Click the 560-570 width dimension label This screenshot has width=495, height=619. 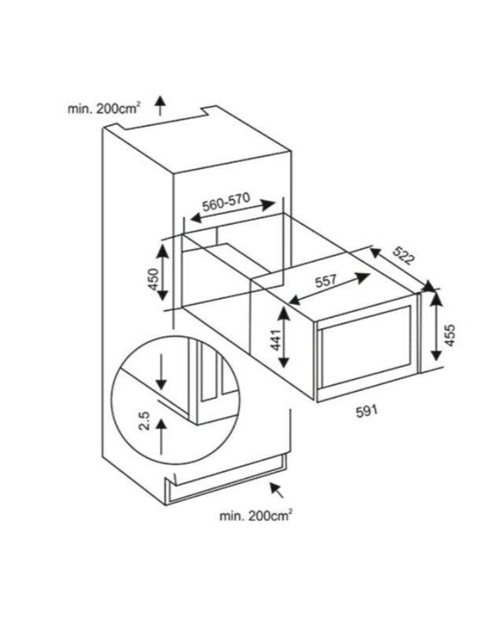coord(227,201)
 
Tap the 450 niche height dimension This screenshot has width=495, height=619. coord(153,278)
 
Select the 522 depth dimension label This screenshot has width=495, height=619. coord(404,256)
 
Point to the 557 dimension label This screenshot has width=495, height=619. coord(327,282)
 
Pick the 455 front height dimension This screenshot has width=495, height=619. coord(449,335)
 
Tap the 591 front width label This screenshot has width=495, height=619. coord(367,411)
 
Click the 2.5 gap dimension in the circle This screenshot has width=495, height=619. coord(144,421)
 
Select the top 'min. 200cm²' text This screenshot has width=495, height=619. coord(104,109)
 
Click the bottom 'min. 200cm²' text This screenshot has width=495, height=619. coord(256,515)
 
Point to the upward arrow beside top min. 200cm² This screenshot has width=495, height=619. coord(160,105)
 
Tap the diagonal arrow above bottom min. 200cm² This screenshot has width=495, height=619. coord(277,490)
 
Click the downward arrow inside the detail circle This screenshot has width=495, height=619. coord(161,371)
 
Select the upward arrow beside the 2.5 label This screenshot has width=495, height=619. coord(161,437)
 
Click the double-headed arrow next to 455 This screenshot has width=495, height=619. coord(436,327)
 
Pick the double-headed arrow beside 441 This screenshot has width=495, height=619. coord(284,337)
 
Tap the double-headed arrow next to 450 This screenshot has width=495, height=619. coord(163,272)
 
